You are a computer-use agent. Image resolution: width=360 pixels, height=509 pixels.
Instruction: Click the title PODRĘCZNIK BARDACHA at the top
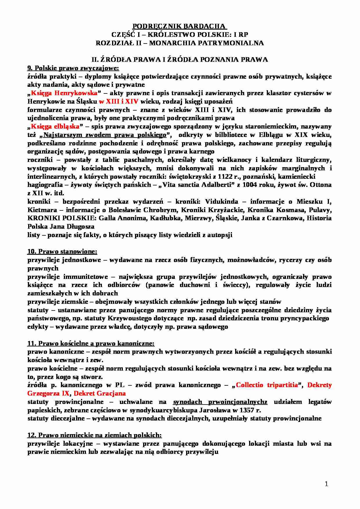click(180, 26)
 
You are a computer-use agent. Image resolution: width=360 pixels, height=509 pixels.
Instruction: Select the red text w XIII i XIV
click(119, 102)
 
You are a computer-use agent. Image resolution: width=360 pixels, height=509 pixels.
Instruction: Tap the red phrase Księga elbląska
click(55, 127)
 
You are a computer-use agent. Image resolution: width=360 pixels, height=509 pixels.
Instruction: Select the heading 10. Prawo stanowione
click(62, 252)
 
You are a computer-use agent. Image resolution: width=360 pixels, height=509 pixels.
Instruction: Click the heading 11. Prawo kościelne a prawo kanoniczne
click(91, 344)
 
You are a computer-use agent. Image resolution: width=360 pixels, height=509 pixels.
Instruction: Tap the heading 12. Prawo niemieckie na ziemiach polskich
click(94, 435)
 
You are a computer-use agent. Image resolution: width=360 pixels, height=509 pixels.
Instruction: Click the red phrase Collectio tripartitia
click(267, 385)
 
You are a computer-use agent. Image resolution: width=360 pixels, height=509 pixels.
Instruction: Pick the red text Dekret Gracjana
click(100, 394)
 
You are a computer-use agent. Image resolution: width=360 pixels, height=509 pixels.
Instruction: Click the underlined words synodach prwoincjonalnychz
click(220, 402)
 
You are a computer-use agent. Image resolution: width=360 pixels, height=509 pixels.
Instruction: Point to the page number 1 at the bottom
click(326, 484)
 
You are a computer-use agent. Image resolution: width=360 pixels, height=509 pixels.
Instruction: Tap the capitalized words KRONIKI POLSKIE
click(62, 218)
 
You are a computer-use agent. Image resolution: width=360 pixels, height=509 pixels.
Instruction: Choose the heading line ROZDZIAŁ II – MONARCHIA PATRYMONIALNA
click(180, 43)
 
